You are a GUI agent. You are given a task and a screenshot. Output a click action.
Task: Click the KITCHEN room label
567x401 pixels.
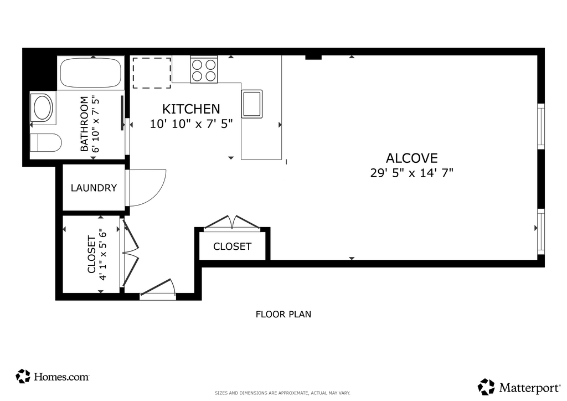pyautogui.click(x=191, y=109)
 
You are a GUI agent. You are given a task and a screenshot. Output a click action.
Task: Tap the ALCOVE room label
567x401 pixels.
pyautogui.click(x=411, y=158)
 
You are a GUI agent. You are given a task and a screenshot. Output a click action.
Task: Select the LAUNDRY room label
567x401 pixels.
pyautogui.click(x=94, y=188)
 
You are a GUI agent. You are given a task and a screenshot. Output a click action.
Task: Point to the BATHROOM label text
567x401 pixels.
pyautogui.click(x=84, y=124)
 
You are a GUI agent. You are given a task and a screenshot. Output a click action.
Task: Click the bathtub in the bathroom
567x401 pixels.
pyautogui.click(x=90, y=72)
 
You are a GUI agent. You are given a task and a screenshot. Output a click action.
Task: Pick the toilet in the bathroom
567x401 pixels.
pyautogui.click(x=45, y=142)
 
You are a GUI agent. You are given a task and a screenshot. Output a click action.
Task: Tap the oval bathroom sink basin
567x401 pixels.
pyautogui.click(x=43, y=107)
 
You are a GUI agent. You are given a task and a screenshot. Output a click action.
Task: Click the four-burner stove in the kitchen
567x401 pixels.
pyautogui.click(x=204, y=70)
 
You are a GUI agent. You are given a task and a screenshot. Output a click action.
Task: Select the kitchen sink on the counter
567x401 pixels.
pyautogui.click(x=252, y=104)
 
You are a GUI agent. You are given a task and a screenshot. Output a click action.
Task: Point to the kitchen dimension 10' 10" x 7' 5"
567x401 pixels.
pyautogui.click(x=191, y=124)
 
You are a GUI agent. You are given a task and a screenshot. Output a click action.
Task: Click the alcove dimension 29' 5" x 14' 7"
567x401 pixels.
pyautogui.click(x=411, y=173)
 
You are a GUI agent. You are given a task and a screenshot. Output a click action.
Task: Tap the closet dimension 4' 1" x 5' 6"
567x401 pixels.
pyautogui.click(x=102, y=254)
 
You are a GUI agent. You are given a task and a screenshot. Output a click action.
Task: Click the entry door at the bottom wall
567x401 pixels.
pyautogui.click(x=158, y=290)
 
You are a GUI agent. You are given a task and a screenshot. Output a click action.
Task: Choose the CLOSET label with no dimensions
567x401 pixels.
pyautogui.click(x=232, y=246)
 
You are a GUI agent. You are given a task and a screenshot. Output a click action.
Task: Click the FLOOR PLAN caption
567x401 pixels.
pyautogui.click(x=283, y=314)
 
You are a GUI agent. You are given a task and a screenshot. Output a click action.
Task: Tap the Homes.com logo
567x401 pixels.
pyautogui.click(x=53, y=377)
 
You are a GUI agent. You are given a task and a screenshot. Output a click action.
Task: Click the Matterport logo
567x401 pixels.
pyautogui.click(x=519, y=387)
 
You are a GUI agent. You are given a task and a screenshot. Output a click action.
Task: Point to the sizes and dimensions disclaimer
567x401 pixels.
pyautogui.click(x=282, y=393)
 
